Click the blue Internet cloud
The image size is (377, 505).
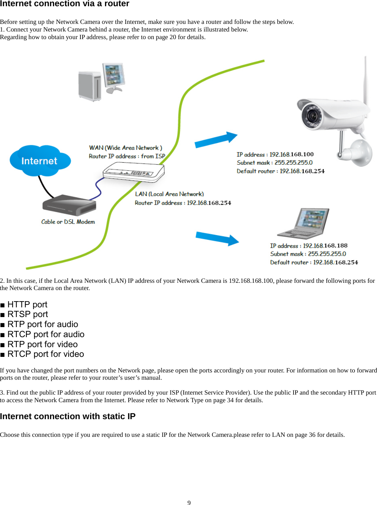tap(40, 161)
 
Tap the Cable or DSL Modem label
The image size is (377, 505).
tap(68, 222)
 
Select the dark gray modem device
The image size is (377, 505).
tap(69, 206)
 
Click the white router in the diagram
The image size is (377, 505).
tap(133, 172)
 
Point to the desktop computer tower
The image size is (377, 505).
tap(90, 86)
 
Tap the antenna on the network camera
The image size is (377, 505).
tap(365, 80)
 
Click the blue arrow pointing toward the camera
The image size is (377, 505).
tap(216, 140)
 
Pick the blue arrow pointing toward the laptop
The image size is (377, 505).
tap(217, 238)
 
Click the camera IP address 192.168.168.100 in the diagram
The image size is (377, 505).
tap(291, 154)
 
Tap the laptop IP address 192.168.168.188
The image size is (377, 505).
tap(325, 246)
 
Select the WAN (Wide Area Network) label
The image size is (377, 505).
tap(125, 148)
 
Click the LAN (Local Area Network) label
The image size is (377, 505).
tap(169, 194)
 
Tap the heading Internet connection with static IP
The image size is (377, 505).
tap(68, 416)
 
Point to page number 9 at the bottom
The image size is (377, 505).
tap(189, 503)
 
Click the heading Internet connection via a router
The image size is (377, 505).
tap(64, 4)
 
